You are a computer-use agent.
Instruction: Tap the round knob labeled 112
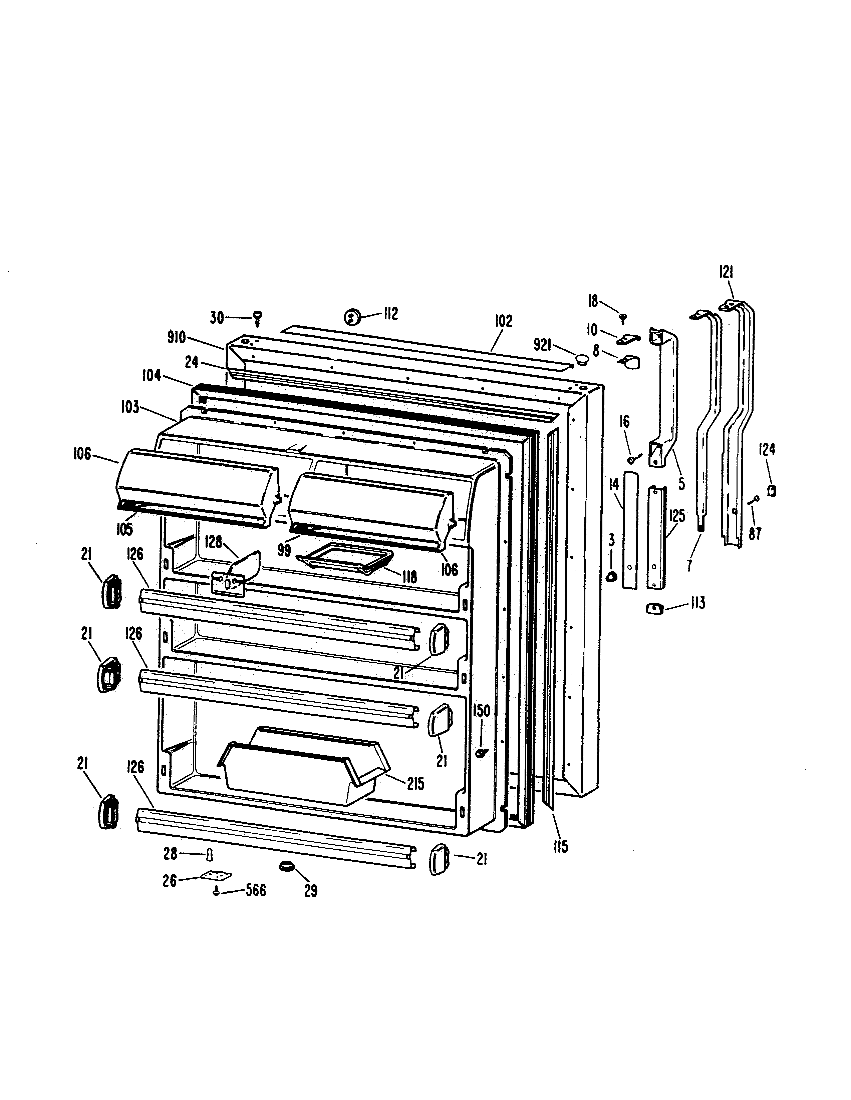click(351, 318)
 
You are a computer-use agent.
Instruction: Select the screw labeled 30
click(258, 317)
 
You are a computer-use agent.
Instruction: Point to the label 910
click(177, 337)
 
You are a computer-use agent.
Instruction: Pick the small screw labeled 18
click(623, 317)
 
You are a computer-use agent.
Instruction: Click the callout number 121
click(726, 272)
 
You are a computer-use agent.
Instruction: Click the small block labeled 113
click(654, 608)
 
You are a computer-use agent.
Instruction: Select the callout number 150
click(482, 711)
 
